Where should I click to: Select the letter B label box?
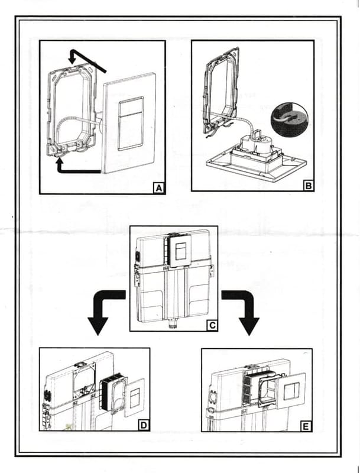point(307,184)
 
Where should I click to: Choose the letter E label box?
point(305,425)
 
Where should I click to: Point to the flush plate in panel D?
point(135,396)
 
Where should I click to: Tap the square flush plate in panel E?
point(290,392)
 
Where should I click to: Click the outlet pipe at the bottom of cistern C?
point(173,324)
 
